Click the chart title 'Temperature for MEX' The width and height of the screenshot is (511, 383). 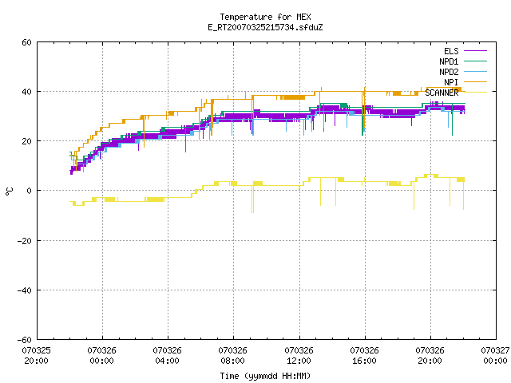point(265,17)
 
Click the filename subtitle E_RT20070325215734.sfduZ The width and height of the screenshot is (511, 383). point(265,27)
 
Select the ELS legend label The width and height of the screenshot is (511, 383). point(451,51)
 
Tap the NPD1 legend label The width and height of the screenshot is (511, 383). point(449,61)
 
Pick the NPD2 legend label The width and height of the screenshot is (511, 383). point(449,72)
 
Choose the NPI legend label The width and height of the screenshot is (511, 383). point(451,82)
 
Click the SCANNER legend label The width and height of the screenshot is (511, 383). point(442,93)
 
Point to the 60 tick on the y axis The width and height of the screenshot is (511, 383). point(26,42)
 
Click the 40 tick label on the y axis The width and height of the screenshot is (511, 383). point(26,92)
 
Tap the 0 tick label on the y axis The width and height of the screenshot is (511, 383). point(29,191)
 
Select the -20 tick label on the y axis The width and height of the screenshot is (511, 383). point(25,241)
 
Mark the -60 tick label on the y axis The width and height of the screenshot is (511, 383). point(25,340)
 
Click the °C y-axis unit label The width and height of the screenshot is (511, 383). point(9,191)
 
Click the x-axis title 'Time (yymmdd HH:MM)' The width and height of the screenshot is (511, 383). point(265,376)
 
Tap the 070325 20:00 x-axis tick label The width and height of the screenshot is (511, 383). point(36,356)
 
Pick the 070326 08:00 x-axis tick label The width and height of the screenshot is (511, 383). point(232,356)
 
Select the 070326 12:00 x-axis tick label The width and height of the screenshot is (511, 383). point(299,356)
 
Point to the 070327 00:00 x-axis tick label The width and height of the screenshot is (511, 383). point(495,356)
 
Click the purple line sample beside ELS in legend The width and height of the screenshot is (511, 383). point(475,51)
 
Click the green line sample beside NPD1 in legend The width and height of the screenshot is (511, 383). point(475,61)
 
